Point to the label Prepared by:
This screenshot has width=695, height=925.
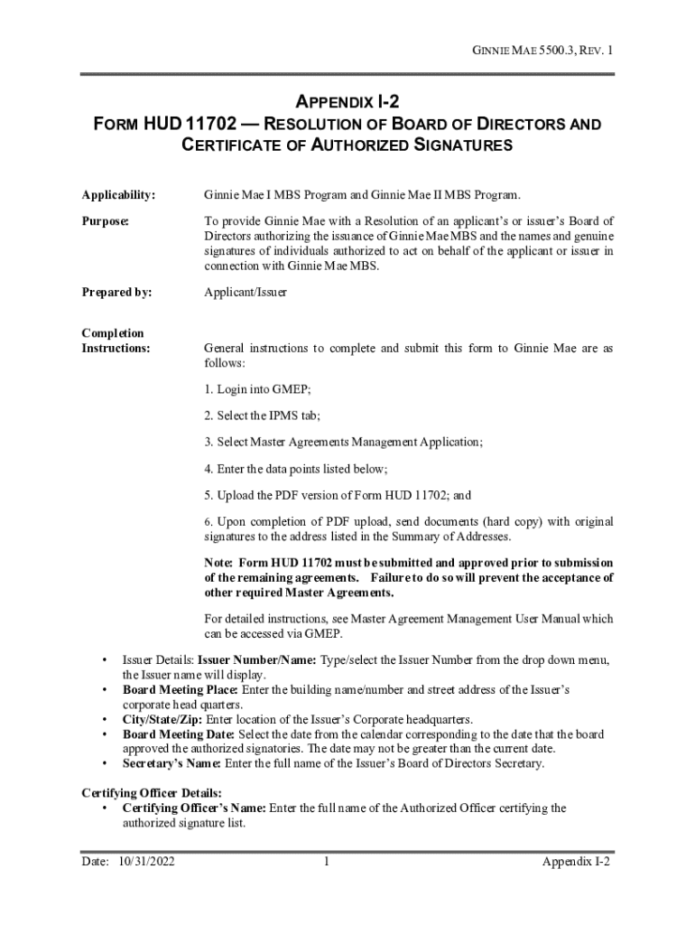pos(117,293)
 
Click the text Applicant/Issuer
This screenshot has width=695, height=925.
pos(246,293)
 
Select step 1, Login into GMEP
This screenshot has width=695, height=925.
pos(257,390)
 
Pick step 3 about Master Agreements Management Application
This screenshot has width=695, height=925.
pos(343,442)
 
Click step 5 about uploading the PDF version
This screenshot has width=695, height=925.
pos(338,495)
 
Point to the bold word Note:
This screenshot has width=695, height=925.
pos(221,563)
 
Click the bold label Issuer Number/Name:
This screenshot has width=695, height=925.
pos(256,660)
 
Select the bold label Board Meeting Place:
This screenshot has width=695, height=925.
pos(176,690)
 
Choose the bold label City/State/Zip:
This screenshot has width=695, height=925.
pos(163,720)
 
